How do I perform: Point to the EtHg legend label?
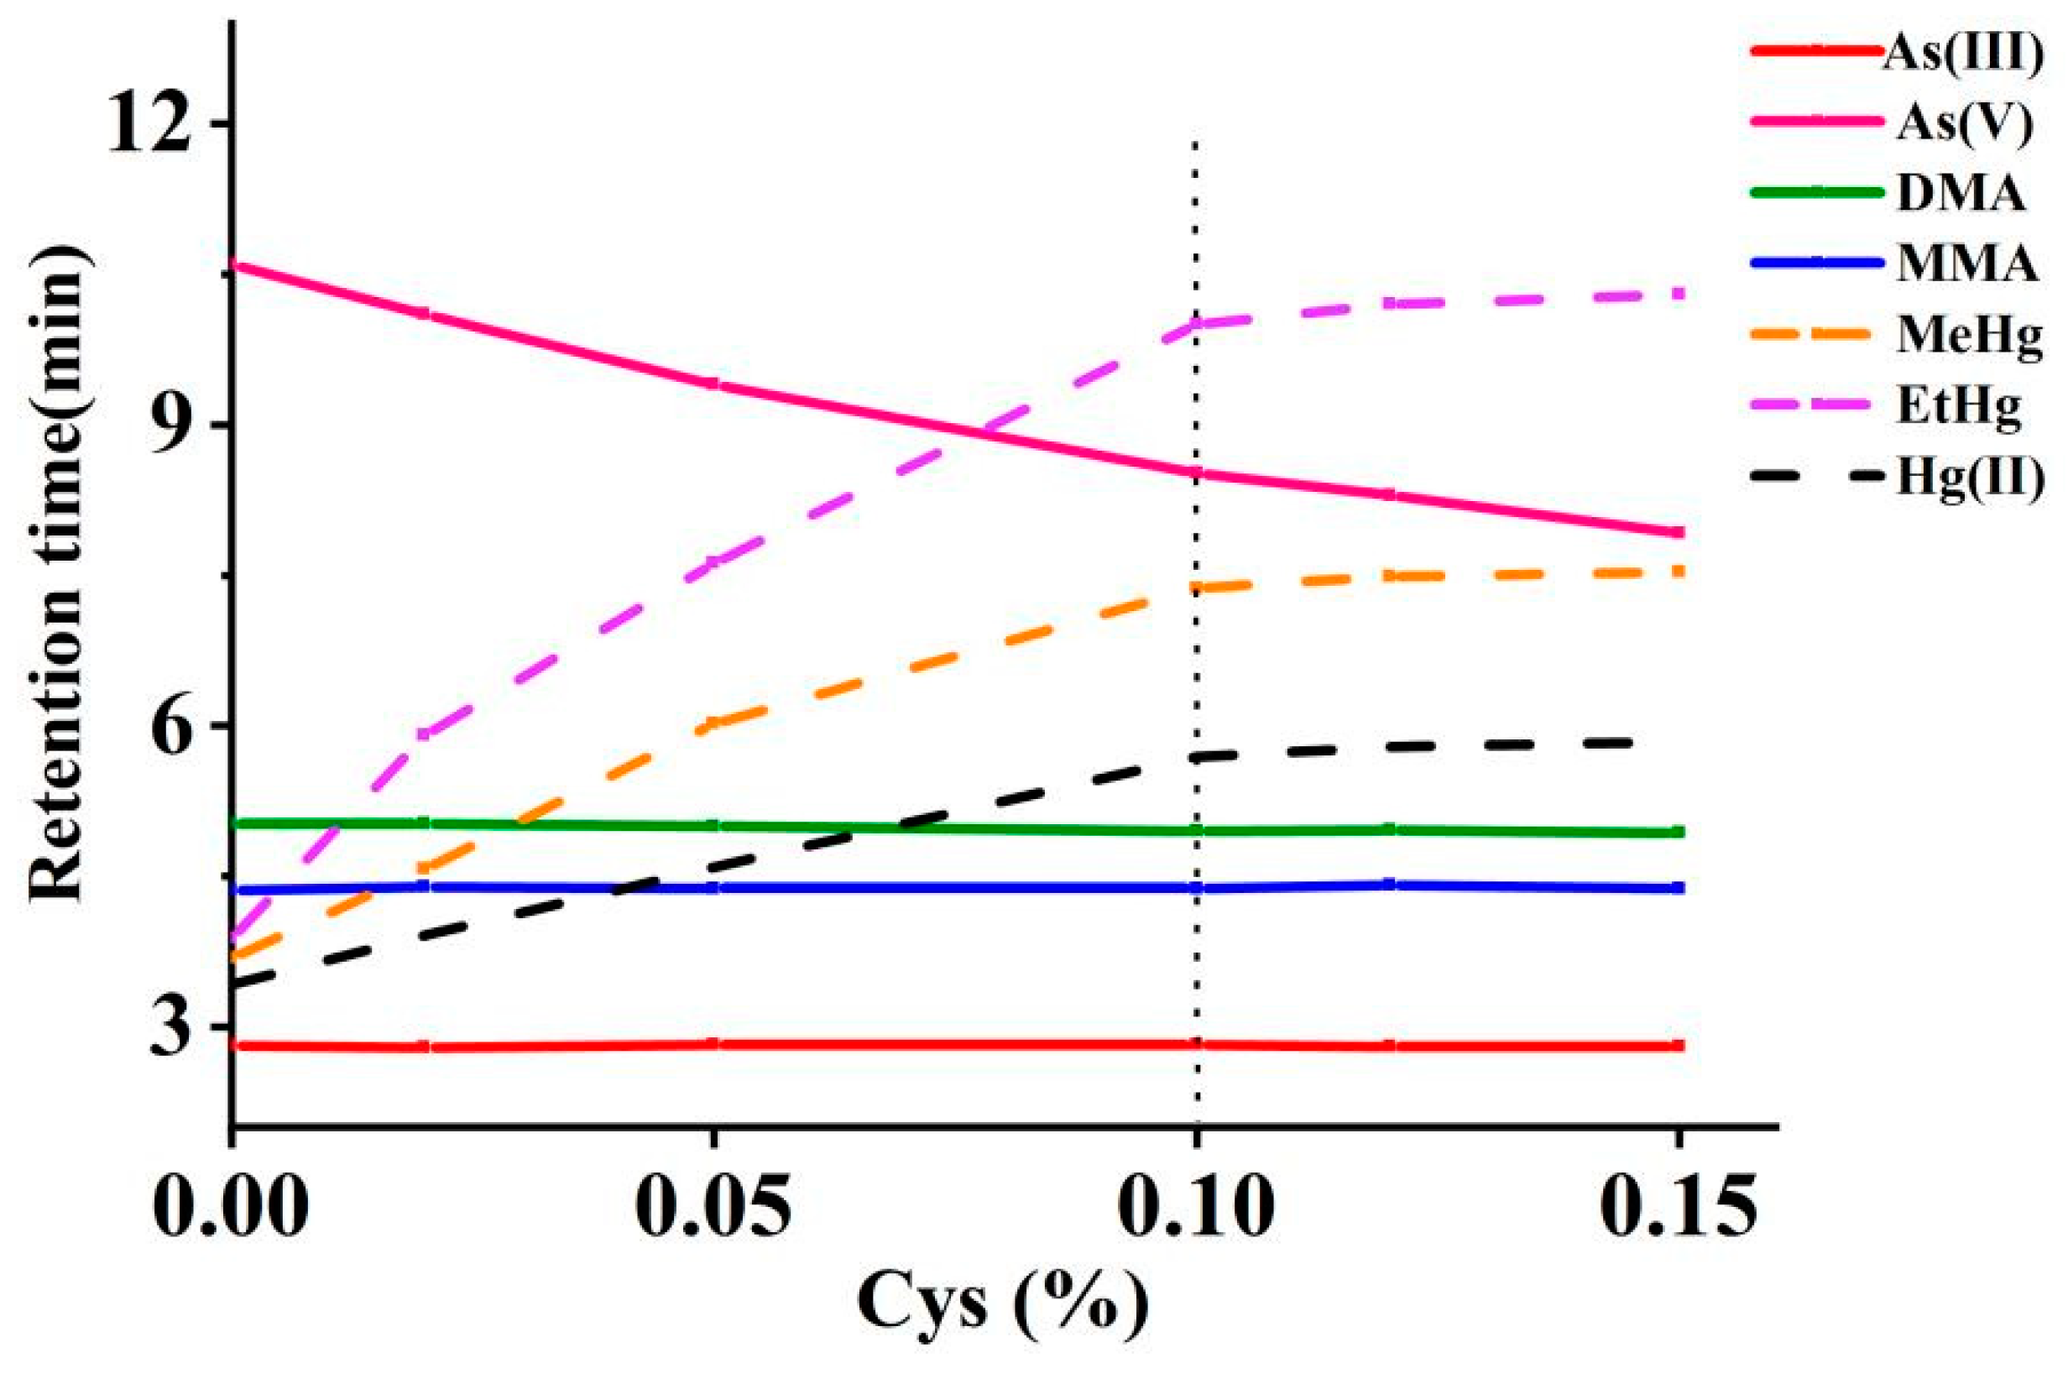(1959, 405)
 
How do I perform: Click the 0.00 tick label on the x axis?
(232, 1203)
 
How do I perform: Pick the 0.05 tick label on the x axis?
(713, 1203)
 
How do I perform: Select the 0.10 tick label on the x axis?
(1196, 1203)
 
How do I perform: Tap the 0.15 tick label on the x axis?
(1677, 1203)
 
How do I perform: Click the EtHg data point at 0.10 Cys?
(1197, 323)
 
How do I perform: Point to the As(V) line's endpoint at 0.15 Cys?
(1677, 532)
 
